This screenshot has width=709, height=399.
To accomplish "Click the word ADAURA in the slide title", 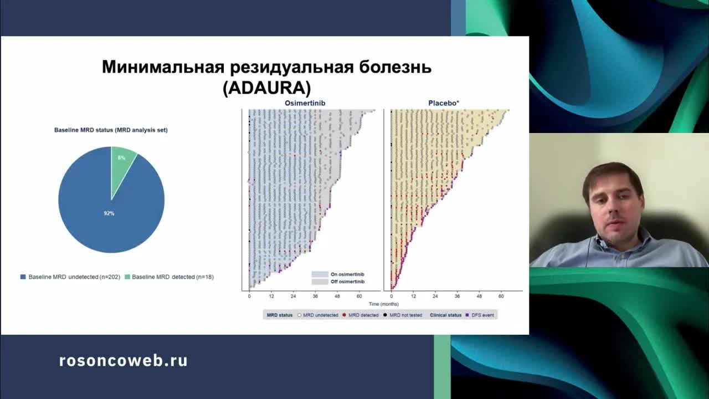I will (266, 89).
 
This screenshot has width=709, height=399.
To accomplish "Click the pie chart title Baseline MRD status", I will (111, 130).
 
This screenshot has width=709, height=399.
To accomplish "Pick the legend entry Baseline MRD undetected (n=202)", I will (70, 277).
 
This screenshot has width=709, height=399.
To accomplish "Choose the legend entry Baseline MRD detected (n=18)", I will (169, 277).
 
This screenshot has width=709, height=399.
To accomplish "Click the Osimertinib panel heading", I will (305, 103).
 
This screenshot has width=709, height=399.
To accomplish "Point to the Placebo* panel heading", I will (444, 103).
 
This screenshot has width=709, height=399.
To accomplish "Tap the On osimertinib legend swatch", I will (320, 274).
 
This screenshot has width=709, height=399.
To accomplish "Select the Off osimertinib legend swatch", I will (320, 282).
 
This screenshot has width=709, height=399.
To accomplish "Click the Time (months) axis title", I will (383, 304).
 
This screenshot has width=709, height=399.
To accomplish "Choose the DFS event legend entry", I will (480, 315).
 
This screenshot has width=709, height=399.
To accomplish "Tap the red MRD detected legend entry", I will (361, 315).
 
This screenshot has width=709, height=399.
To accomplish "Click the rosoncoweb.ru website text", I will (123, 361).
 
